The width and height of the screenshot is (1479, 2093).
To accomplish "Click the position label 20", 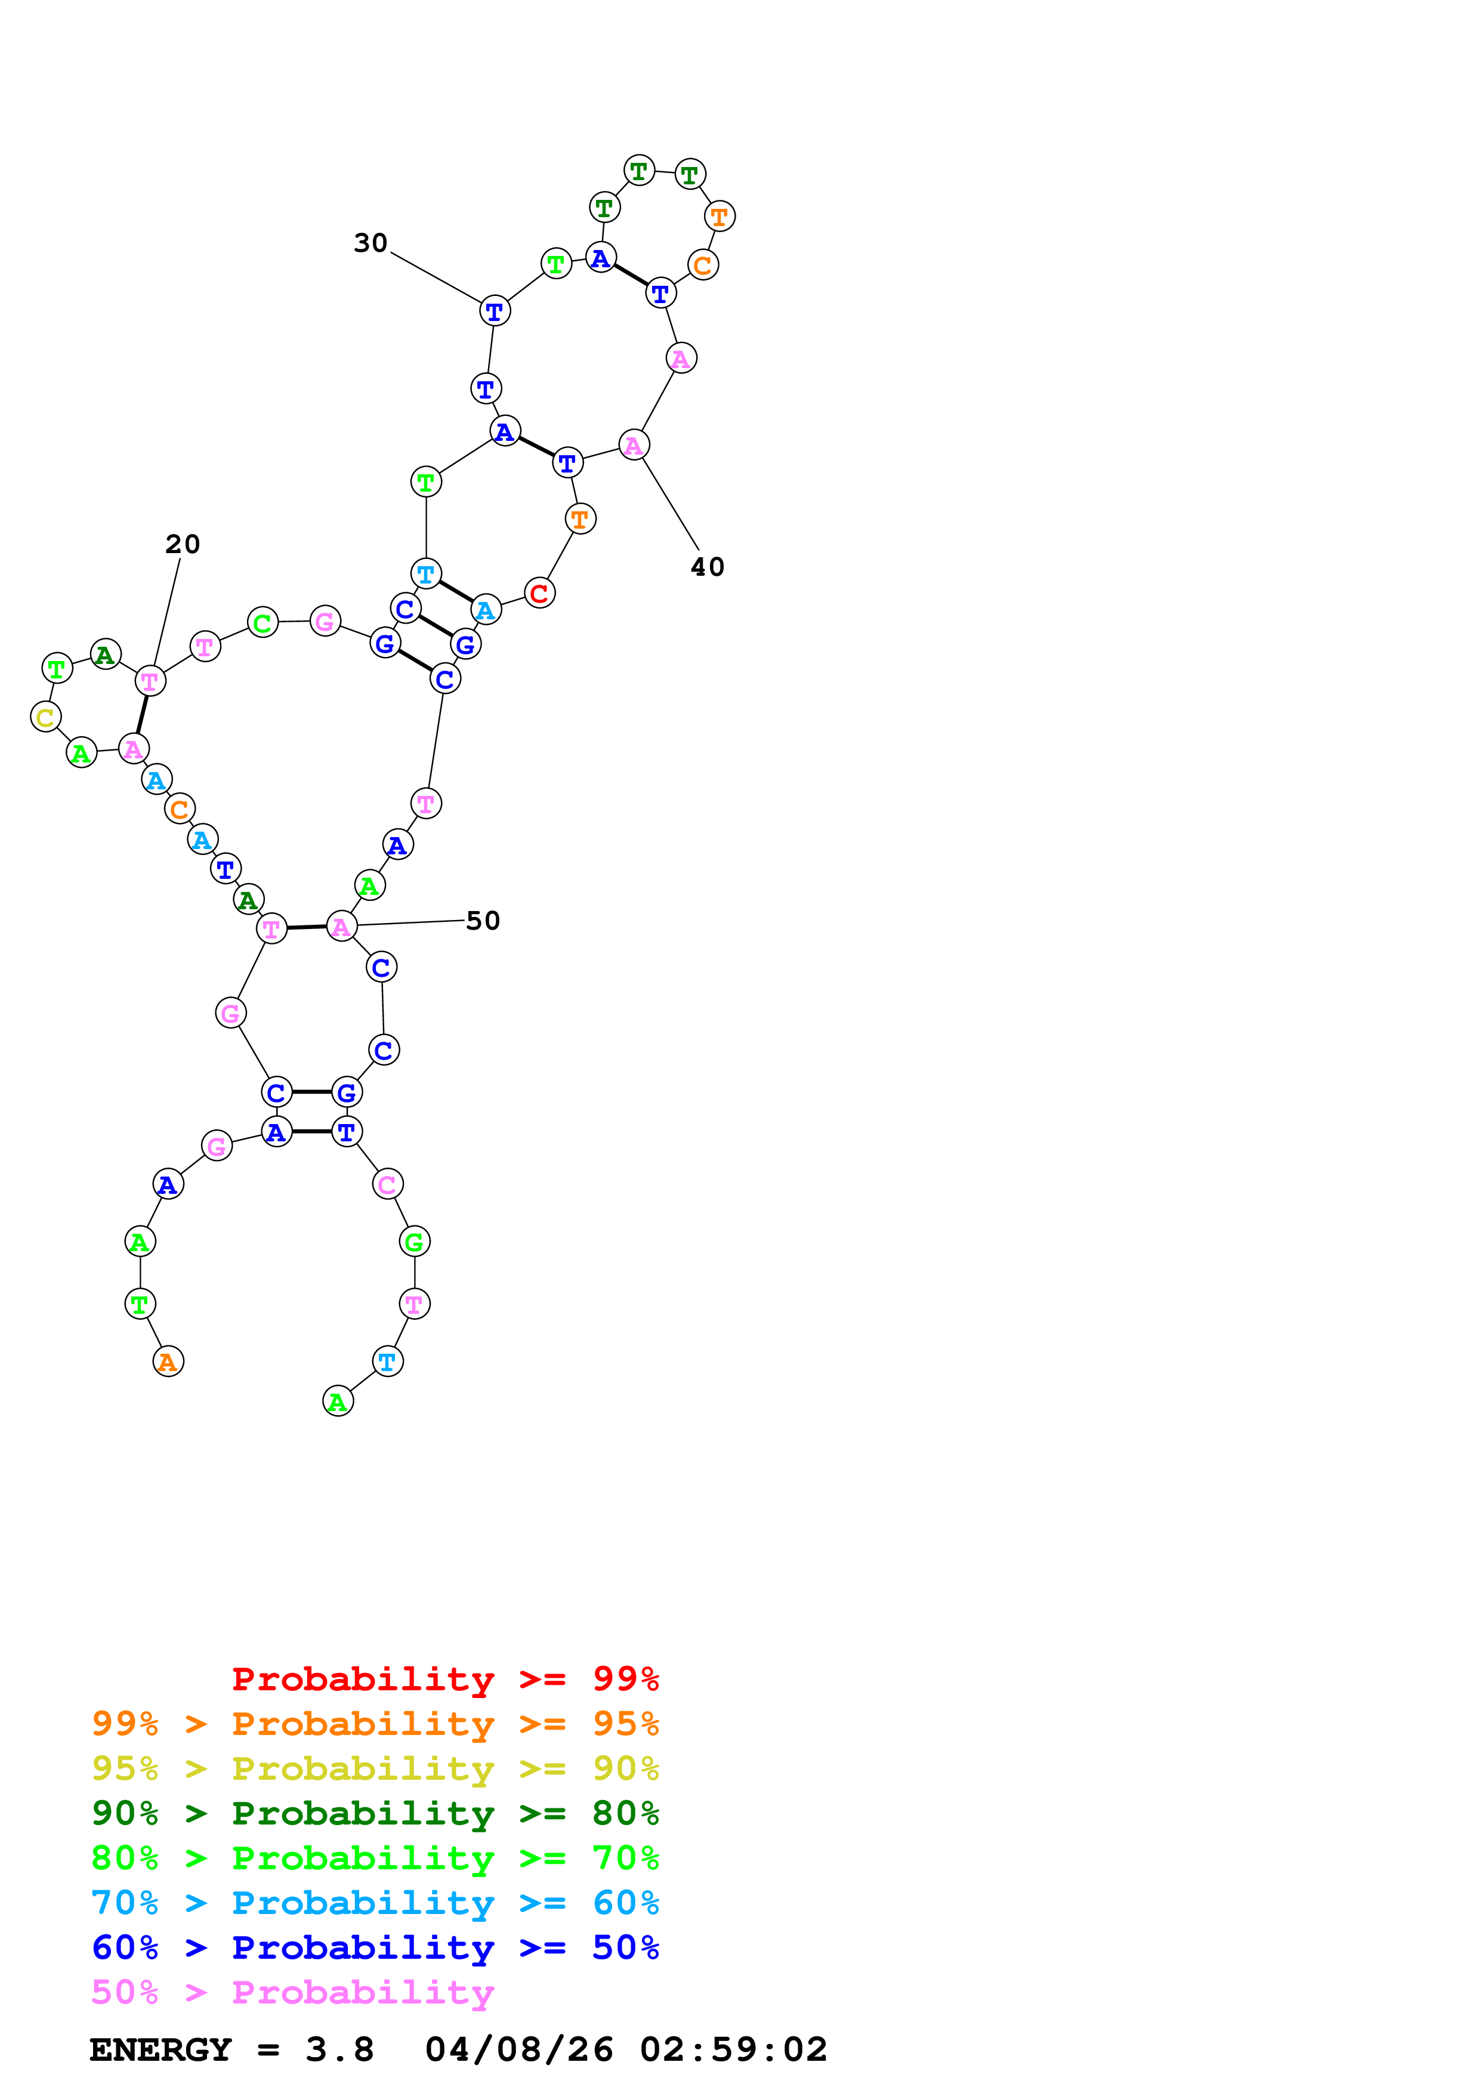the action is tap(182, 544).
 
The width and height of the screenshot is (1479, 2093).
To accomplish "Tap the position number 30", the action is tap(371, 243).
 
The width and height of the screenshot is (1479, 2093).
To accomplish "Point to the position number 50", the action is tap(483, 921).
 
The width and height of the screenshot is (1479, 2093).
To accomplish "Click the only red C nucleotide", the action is tap(539, 594).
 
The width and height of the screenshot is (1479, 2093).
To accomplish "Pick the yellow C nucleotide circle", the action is tap(45, 717).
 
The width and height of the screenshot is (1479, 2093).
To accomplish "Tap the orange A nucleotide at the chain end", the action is tap(168, 1362).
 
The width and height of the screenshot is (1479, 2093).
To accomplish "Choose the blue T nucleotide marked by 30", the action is tap(495, 311).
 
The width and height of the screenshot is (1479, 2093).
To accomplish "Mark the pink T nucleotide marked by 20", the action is tap(150, 681).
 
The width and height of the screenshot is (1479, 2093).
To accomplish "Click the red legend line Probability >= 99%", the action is tap(444, 1679).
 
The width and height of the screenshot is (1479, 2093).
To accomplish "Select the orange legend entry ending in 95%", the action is tap(375, 1724).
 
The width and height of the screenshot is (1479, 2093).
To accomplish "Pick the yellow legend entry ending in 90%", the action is tap(375, 1768).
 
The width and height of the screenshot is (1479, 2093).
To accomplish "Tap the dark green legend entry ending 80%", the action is tap(375, 1813).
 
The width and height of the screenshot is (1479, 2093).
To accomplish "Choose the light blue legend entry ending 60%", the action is tap(375, 1903).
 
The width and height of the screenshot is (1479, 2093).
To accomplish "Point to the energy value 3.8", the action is tap(339, 2049).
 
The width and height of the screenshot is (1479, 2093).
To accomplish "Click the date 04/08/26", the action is tap(518, 2049).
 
